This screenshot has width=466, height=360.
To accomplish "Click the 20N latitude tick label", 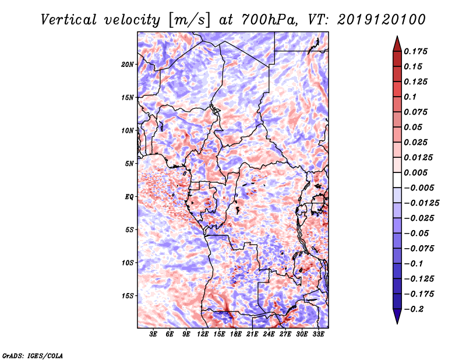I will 128,64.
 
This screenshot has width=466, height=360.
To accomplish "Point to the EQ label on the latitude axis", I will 129,197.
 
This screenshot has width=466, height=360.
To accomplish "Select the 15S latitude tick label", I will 128,296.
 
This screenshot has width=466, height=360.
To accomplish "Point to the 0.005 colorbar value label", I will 417,173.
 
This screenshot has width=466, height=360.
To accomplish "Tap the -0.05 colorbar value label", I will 417,234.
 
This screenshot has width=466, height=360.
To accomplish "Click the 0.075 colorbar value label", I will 417,112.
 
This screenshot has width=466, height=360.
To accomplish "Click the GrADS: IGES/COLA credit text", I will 33,355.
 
